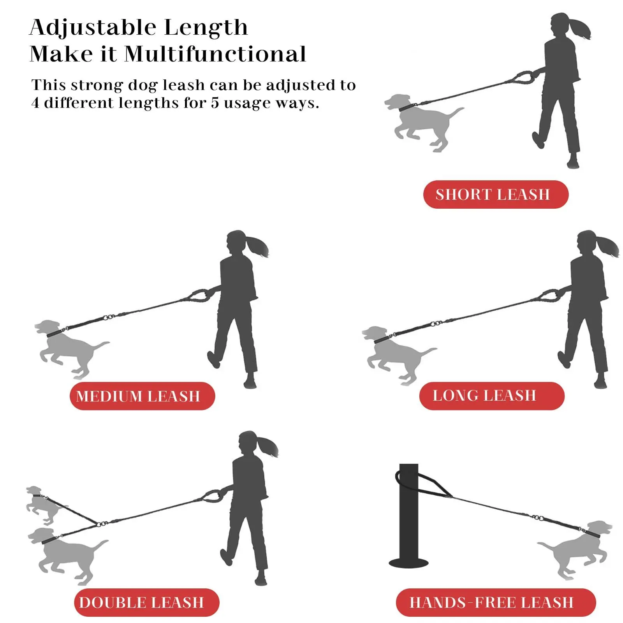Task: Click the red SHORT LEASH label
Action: [496, 194]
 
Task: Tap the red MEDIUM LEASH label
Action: [142, 396]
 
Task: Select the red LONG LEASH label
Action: [492, 396]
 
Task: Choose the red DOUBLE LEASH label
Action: [146, 602]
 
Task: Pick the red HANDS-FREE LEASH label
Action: [496, 602]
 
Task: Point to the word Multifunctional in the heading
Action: [215, 54]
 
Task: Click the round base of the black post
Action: [408, 563]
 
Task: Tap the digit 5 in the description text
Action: [215, 103]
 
